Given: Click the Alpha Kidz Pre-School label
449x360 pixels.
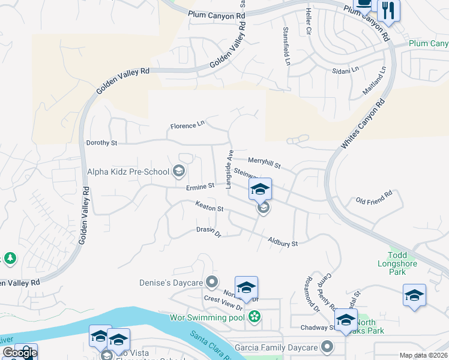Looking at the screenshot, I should tap(127, 172).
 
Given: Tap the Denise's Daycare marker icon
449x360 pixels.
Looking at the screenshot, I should tap(211, 281).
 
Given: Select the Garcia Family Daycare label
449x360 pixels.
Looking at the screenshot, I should tap(277, 347).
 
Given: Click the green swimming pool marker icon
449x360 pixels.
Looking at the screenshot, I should tap(255, 316).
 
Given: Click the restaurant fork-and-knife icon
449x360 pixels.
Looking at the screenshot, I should tap(388, 9).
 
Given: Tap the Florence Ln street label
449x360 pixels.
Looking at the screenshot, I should tap(187, 126).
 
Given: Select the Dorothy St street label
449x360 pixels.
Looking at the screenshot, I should tap(101, 143).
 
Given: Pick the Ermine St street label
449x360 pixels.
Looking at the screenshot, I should tap(200, 187).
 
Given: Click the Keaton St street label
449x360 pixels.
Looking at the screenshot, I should tap(209, 206).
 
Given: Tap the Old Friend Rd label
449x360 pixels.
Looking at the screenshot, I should tap(373, 198).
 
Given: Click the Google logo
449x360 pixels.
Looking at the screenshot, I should tap(19, 353).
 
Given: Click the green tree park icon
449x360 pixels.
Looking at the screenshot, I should tap(9, 259).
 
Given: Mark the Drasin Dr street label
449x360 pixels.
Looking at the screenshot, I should tap(209, 232).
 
